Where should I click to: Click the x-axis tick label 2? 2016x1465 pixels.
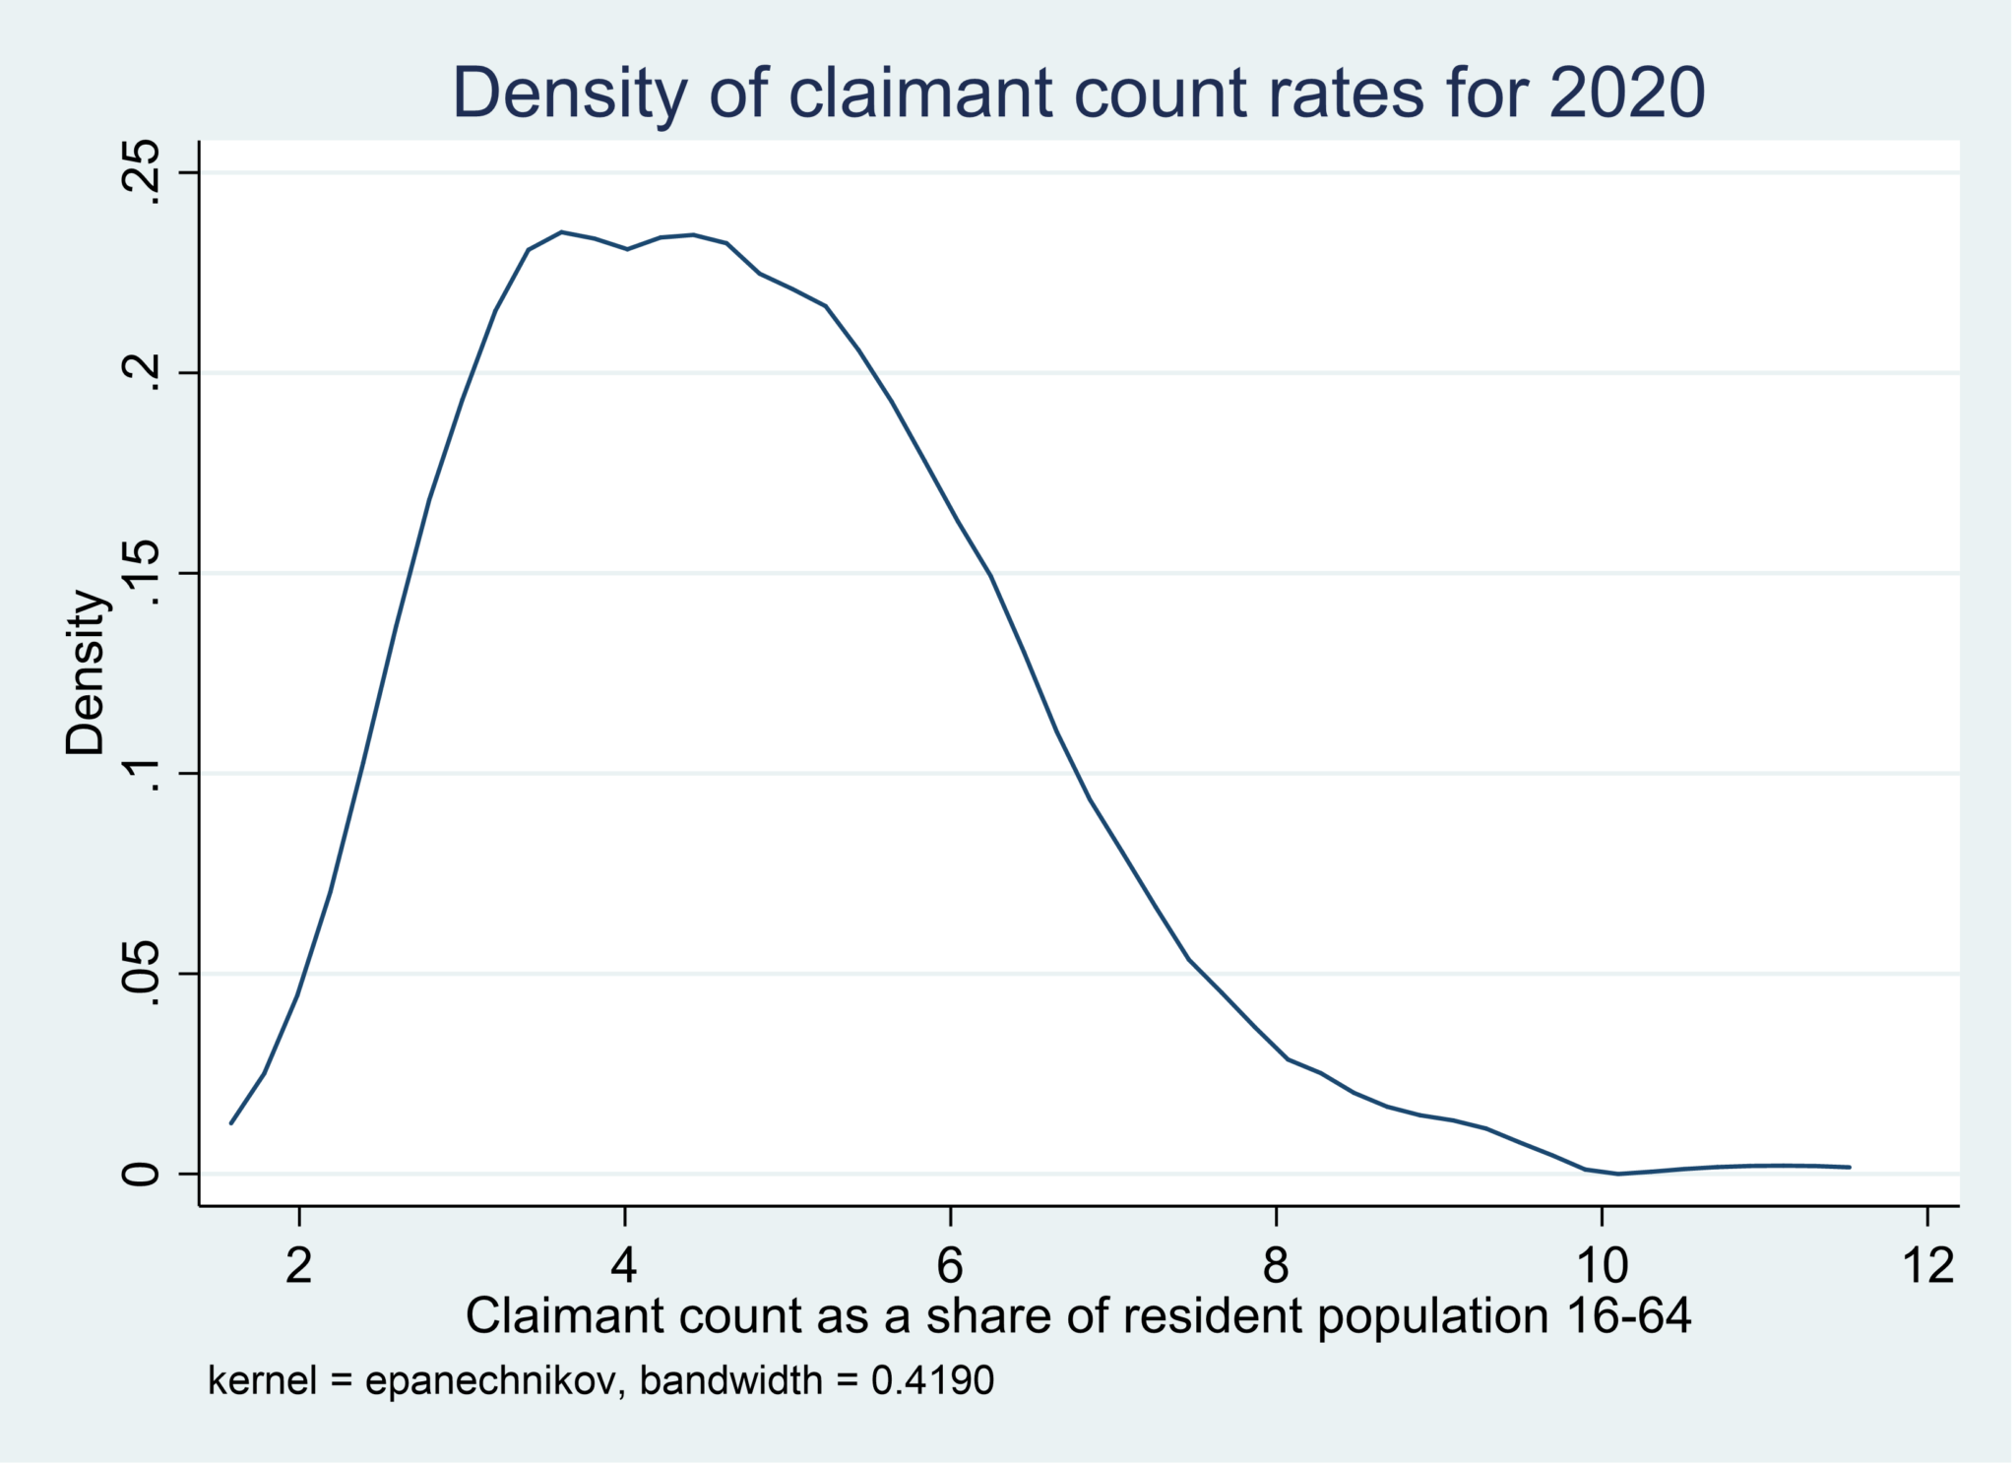point(299,1265)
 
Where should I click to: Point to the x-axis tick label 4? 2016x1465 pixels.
point(624,1265)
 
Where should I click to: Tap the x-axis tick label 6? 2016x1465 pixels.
point(950,1265)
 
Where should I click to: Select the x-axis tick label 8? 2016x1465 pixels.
point(1276,1265)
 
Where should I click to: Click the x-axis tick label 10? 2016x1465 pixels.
point(1602,1265)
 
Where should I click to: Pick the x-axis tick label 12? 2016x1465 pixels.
point(1927,1265)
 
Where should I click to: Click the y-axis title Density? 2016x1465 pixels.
point(86,672)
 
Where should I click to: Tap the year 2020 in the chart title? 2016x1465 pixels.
point(1626,94)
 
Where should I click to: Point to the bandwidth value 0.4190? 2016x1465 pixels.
point(932,1380)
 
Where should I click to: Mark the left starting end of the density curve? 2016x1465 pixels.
point(231,1122)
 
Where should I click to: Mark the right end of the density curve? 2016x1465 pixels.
point(1850,1167)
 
